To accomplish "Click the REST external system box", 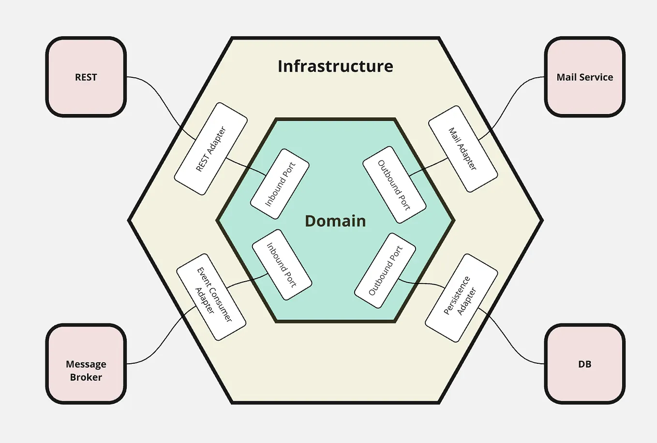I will (x=86, y=77).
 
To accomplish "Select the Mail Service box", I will (x=584, y=77).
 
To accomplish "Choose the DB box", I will (x=584, y=364).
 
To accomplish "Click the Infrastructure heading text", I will (x=335, y=66).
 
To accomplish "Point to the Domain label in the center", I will (x=335, y=221).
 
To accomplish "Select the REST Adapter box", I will (x=211, y=149).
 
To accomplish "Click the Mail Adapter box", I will (x=463, y=149).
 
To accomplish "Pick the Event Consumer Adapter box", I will (x=211, y=297).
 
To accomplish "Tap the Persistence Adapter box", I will (x=461, y=298).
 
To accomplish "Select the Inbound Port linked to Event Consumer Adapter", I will (x=282, y=265).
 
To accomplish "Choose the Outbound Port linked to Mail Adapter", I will (x=394, y=185).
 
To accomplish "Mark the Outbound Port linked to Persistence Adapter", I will (x=385, y=271).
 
